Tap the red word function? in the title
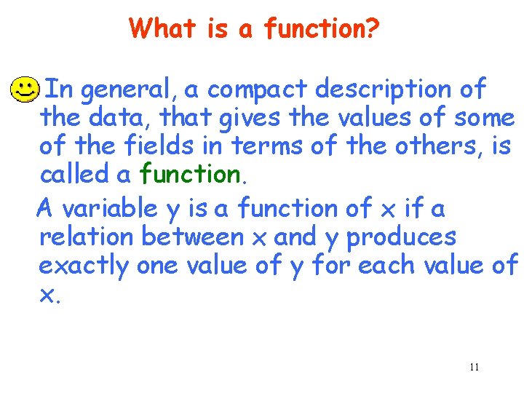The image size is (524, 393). (322, 28)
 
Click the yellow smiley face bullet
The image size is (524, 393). (25, 90)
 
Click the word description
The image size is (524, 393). (385, 89)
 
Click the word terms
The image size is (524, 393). (266, 146)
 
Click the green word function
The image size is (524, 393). (190, 174)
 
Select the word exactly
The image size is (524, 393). (84, 266)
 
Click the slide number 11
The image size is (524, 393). (474, 367)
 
